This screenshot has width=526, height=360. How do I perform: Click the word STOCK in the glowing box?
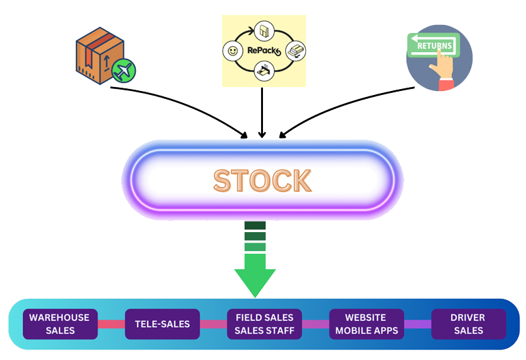tap(262, 181)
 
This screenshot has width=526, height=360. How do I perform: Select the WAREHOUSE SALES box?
tap(59, 324)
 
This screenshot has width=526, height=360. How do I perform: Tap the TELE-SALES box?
tap(162, 324)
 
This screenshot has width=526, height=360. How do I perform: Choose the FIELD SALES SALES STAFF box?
tap(264, 324)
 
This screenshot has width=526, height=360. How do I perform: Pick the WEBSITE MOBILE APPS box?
tap(366, 324)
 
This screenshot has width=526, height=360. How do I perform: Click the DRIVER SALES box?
tap(467, 324)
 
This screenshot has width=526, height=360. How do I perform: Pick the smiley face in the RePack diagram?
tap(232, 50)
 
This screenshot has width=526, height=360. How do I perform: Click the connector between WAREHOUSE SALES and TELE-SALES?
tap(111, 324)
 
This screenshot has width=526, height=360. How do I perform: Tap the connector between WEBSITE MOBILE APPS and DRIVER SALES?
tap(417, 324)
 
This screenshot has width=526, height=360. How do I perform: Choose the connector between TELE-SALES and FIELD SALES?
tap(213, 324)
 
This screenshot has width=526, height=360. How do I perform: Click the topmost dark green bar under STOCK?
tap(254, 226)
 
